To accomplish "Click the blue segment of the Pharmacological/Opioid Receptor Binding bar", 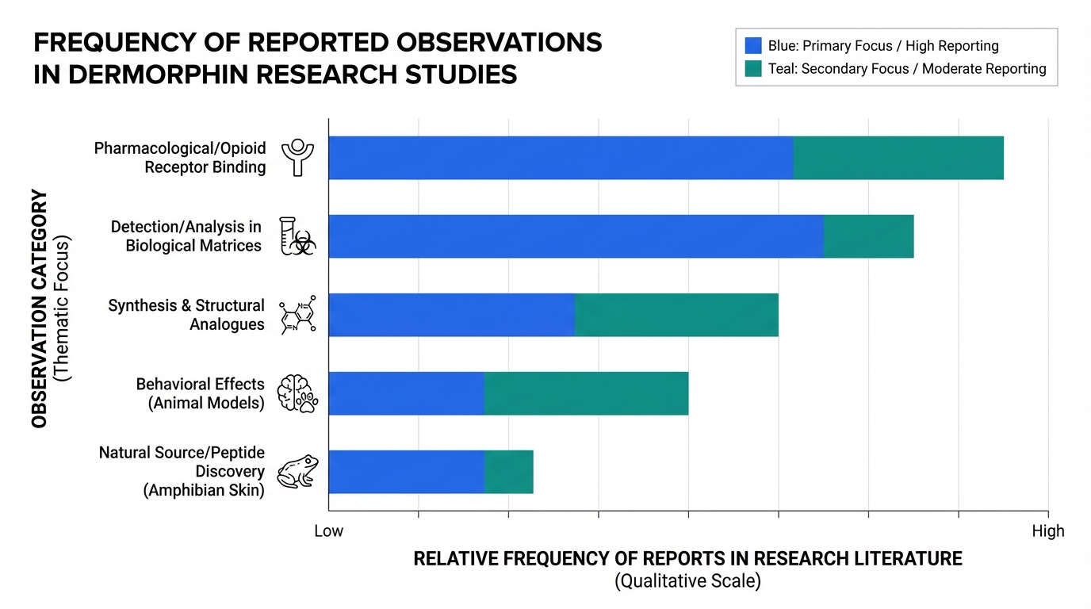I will coord(561,158).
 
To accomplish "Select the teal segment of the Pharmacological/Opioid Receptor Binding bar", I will coord(898,158).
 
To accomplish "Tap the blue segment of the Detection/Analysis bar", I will coord(576,236).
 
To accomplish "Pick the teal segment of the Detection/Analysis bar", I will coord(869,236).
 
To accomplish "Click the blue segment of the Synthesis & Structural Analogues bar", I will coord(451,315).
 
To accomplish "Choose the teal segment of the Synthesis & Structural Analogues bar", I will coord(676,315).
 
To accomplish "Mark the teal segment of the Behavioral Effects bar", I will coord(586,393).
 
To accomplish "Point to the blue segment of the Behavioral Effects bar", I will coord(406,393).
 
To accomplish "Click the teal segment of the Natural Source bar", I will coord(509,472).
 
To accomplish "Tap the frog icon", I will coord(297,471).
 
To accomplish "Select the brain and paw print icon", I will coord(297,393).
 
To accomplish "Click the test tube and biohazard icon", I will coord(297,236).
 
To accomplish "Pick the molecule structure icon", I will coord(298,315).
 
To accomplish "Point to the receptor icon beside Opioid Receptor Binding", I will coord(298,156).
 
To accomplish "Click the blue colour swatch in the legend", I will coord(753,45).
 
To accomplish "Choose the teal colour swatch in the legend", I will coord(753,68).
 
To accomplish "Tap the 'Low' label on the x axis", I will coord(328,530).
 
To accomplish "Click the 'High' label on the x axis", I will coord(1048,530).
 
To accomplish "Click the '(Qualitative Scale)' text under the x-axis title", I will coord(687,581).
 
